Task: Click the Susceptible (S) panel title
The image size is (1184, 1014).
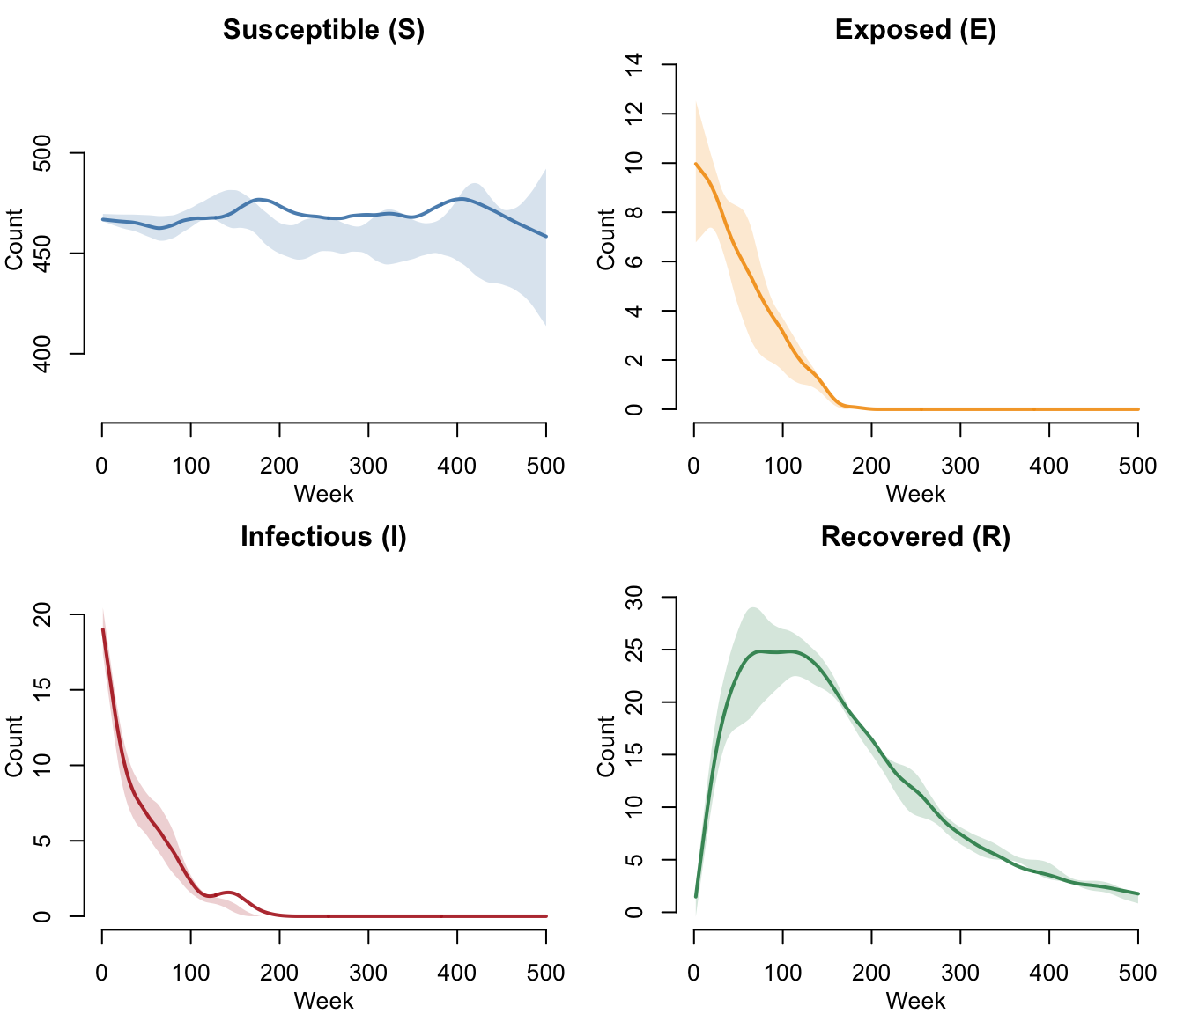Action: tap(323, 30)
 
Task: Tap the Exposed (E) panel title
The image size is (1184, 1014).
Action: tap(915, 30)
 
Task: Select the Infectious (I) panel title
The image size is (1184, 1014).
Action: tap(323, 537)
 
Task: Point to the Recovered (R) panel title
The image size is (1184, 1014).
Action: tap(915, 537)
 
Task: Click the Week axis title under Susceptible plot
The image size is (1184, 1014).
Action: tap(323, 494)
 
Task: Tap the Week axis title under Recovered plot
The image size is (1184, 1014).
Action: tap(915, 1001)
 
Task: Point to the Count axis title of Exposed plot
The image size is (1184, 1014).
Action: tap(606, 239)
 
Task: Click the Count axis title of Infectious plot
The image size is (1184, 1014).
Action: tap(14, 746)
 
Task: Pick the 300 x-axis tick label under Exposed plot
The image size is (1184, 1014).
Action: tap(960, 466)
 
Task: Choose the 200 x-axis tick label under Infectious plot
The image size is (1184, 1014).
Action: tap(279, 973)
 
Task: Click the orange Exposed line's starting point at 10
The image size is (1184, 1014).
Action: tap(695, 164)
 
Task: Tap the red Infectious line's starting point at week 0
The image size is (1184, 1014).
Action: tap(103, 629)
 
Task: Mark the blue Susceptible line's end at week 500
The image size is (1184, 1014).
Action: tap(546, 236)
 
